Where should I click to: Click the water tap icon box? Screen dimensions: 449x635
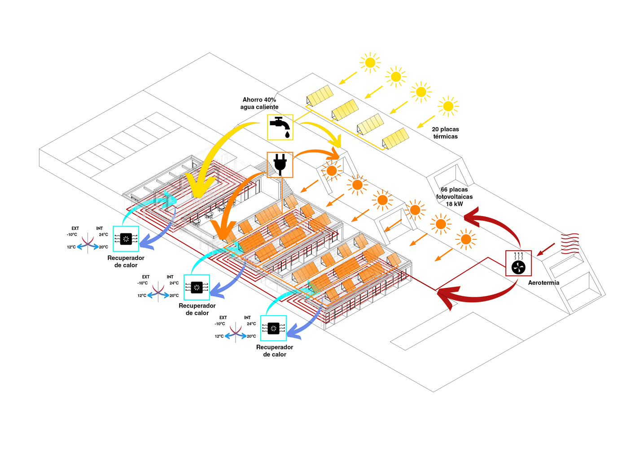tap(280, 127)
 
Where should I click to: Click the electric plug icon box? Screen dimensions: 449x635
tap(280, 164)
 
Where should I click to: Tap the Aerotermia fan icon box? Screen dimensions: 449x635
tap(518, 263)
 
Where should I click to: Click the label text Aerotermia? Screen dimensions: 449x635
tap(543, 283)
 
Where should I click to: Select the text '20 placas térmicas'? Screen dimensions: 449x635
tap(445, 133)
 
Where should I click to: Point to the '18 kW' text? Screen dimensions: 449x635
tap(454, 204)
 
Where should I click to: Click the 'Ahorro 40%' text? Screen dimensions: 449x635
tap(259, 100)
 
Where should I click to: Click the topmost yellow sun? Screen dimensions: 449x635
tap(370, 62)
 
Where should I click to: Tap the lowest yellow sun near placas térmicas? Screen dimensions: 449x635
tap(448, 106)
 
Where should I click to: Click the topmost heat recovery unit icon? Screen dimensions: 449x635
tap(126, 239)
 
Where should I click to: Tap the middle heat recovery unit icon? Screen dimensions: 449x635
tap(197, 287)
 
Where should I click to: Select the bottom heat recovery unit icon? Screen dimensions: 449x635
tap(273, 328)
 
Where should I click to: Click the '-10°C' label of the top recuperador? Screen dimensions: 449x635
tap(72, 234)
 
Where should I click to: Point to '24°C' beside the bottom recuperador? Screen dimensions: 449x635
tap(251, 324)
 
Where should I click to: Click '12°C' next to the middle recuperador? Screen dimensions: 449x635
tap(142, 295)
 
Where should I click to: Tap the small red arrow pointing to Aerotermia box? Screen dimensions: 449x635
tap(546, 249)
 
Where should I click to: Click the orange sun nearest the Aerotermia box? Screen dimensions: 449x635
tap(466, 239)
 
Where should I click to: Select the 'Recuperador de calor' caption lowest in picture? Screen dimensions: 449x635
tap(275, 351)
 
